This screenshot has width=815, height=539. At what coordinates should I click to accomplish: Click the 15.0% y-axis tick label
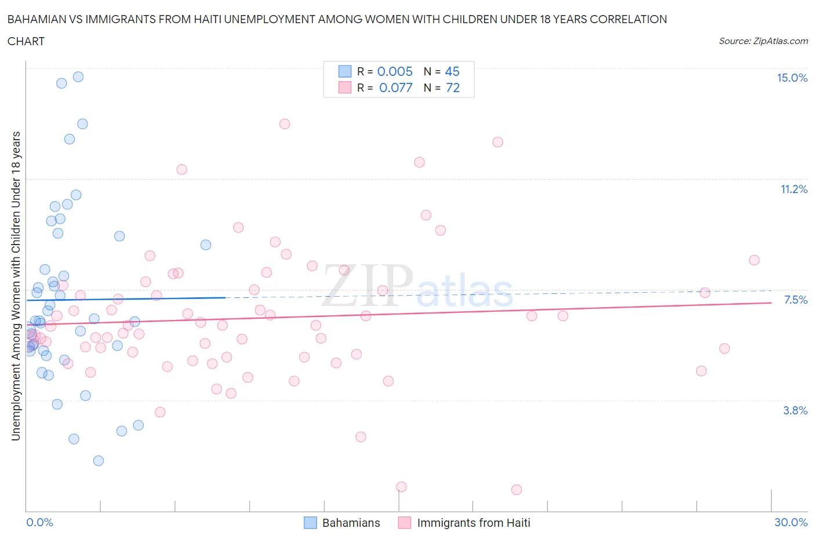[792, 78]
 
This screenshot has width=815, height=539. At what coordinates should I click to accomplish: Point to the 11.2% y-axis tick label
[794, 190]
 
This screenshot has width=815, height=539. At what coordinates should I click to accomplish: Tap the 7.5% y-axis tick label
[795, 300]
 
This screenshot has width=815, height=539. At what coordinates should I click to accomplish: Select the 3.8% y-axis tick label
[795, 411]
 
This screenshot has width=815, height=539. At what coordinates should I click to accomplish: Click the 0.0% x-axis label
[39, 523]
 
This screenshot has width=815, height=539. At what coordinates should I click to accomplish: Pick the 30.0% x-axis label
[791, 523]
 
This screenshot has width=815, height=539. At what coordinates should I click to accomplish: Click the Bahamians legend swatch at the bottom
[311, 523]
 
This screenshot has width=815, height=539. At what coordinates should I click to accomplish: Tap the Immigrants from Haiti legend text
[474, 523]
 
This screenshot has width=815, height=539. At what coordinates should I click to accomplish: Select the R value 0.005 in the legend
[395, 71]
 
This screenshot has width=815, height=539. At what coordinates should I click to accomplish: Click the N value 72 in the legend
[453, 88]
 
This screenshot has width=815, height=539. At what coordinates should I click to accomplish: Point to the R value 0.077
[396, 88]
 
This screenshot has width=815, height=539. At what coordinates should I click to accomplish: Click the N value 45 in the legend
[452, 71]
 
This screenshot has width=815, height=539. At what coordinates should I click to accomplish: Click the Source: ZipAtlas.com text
[763, 41]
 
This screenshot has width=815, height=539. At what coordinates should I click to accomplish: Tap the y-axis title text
[16, 286]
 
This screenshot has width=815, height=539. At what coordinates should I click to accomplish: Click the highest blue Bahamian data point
[78, 77]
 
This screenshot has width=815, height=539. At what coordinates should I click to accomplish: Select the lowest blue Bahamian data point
[99, 461]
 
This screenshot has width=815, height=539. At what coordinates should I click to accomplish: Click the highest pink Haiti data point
[285, 123]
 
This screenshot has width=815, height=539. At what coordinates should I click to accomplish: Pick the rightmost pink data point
[754, 260]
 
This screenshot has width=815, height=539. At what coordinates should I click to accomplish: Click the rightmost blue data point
[206, 245]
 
